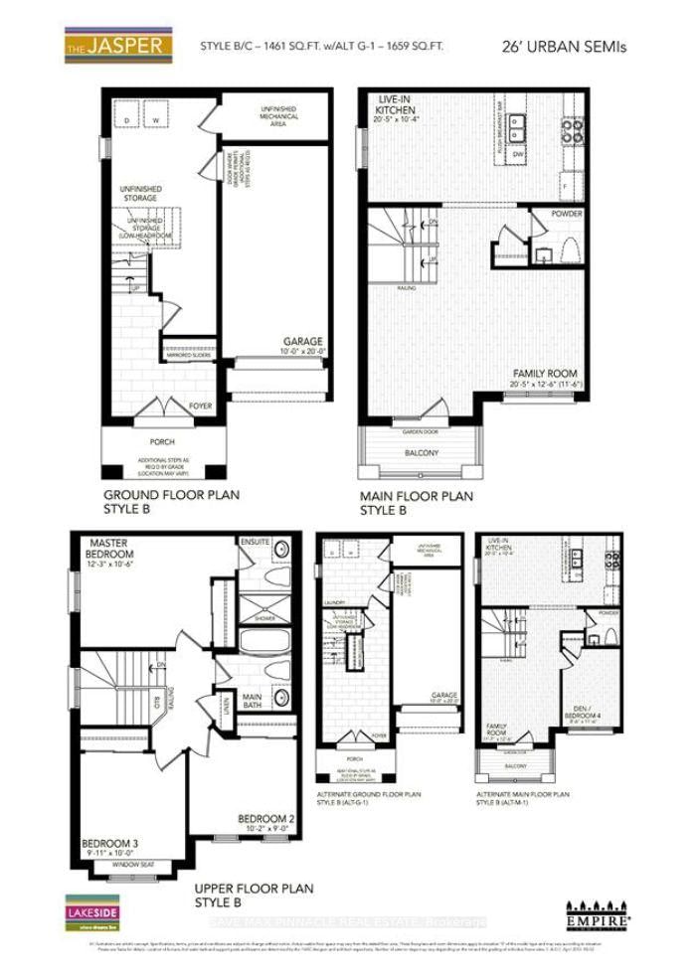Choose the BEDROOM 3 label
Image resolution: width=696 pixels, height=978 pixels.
coord(109,847)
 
